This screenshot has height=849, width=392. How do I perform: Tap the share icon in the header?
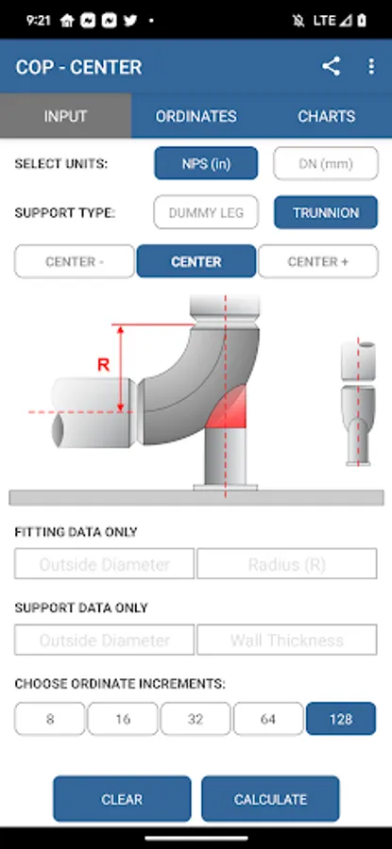(x=331, y=66)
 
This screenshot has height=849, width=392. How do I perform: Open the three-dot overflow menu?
(x=371, y=66)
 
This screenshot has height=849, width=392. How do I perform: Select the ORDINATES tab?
(x=196, y=116)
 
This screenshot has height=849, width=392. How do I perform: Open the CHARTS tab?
(x=327, y=116)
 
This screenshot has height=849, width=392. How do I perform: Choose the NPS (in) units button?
(x=206, y=163)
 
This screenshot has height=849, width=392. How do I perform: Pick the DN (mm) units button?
(x=325, y=163)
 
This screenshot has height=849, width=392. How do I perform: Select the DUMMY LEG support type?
(x=206, y=212)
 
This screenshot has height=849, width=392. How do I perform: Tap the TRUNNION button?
(x=325, y=212)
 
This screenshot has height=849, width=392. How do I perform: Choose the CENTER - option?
(x=75, y=261)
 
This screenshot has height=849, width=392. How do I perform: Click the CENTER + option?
(x=318, y=261)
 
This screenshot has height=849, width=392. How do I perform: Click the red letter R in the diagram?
(x=103, y=365)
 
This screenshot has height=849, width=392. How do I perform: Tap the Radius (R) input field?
(x=287, y=564)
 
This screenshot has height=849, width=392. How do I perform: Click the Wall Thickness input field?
(x=287, y=640)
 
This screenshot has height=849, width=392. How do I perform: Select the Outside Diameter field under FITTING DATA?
(x=105, y=564)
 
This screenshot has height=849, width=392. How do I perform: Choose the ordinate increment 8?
(x=50, y=719)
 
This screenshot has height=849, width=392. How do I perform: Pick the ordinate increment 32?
(x=196, y=719)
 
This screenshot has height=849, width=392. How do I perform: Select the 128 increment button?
(x=340, y=719)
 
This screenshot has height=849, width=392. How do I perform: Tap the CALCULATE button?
(x=270, y=799)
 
